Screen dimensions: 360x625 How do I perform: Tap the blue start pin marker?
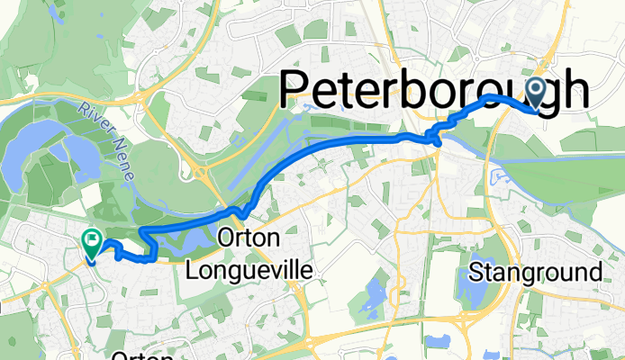point(537,90)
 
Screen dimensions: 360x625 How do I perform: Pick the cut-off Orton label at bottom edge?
point(136,355)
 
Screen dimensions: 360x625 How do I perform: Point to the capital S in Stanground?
point(476,272)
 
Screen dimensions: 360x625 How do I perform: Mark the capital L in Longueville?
point(191,269)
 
